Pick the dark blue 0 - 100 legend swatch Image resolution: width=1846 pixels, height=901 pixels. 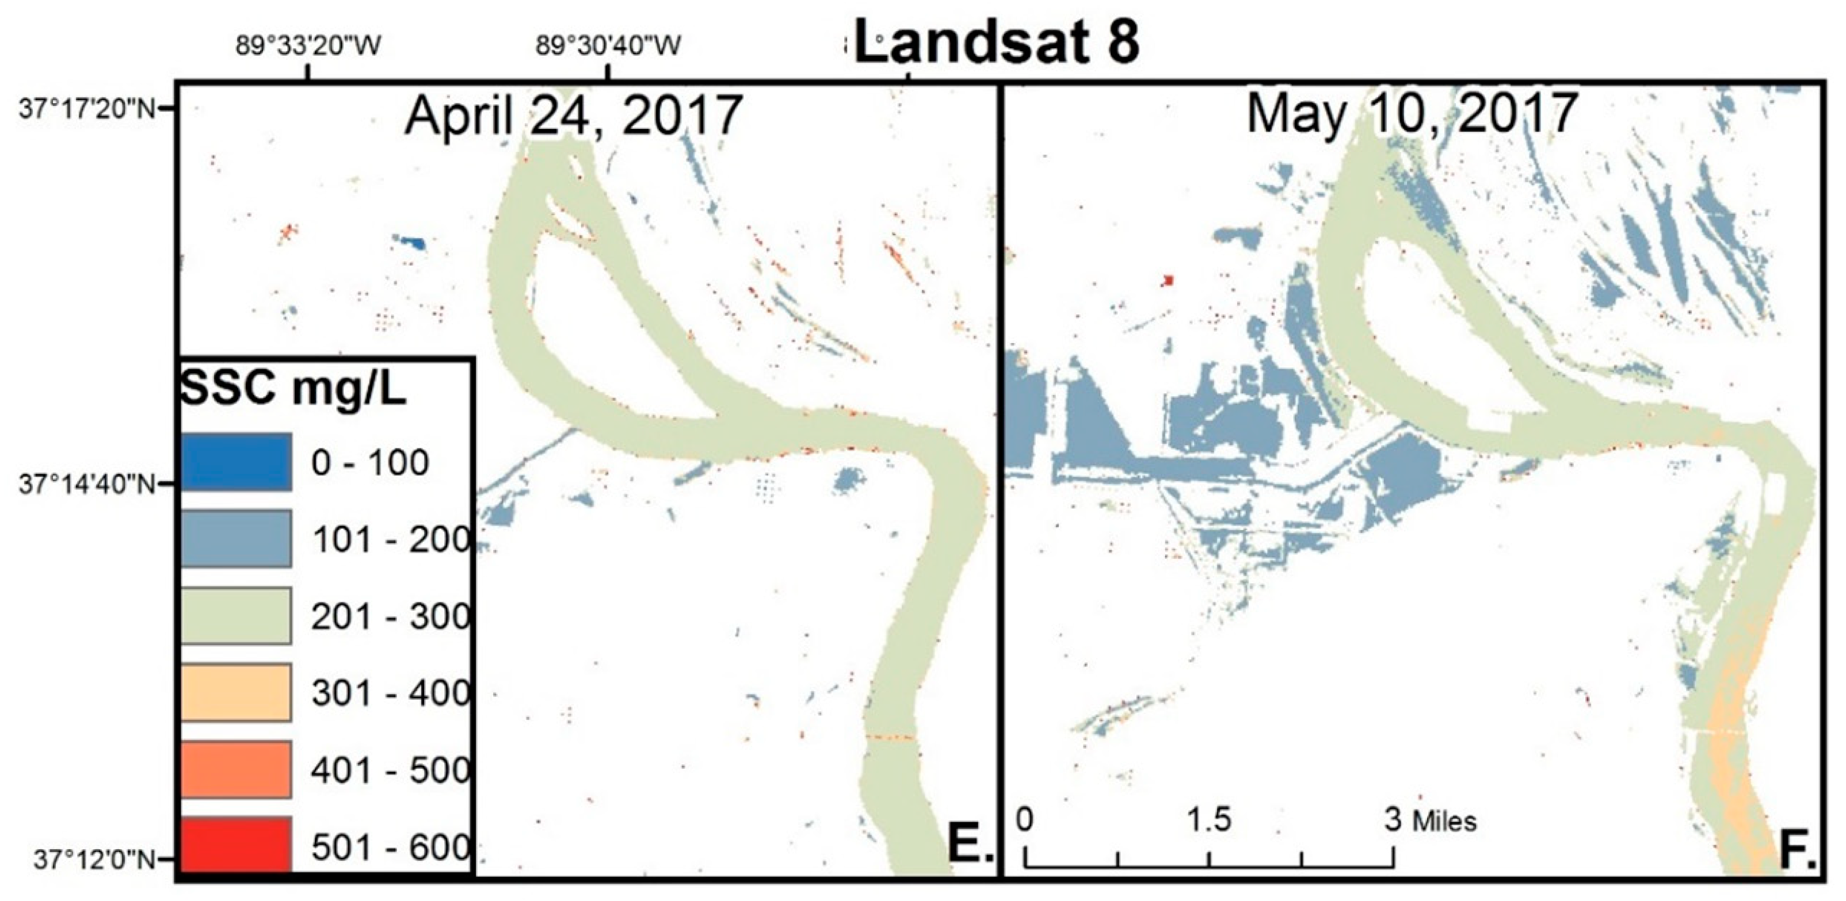tap(236, 462)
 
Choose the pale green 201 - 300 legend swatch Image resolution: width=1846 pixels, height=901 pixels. tap(236, 616)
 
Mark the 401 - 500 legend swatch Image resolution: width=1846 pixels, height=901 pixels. tap(236, 770)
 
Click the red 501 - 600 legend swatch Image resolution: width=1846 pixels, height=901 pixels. tap(236, 845)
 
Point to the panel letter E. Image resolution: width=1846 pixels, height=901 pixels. tap(970, 846)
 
